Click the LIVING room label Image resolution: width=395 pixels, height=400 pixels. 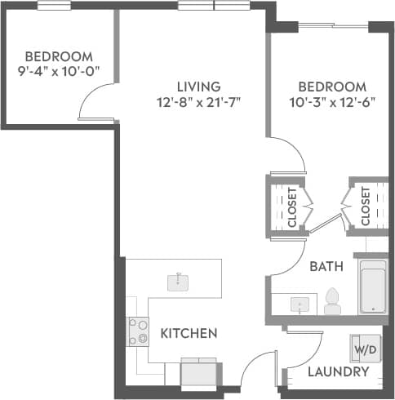pos(199,87)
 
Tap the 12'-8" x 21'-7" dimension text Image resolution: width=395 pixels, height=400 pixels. pos(199,102)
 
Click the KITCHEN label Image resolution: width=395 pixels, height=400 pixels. pos(189,333)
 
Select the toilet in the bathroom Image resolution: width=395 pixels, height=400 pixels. pos(332,300)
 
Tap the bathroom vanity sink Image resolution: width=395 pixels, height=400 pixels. pos(300,304)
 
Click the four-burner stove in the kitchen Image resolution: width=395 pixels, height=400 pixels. pos(137,331)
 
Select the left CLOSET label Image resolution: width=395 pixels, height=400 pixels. pos(291,207)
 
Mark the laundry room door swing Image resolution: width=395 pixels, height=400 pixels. pos(306,347)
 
